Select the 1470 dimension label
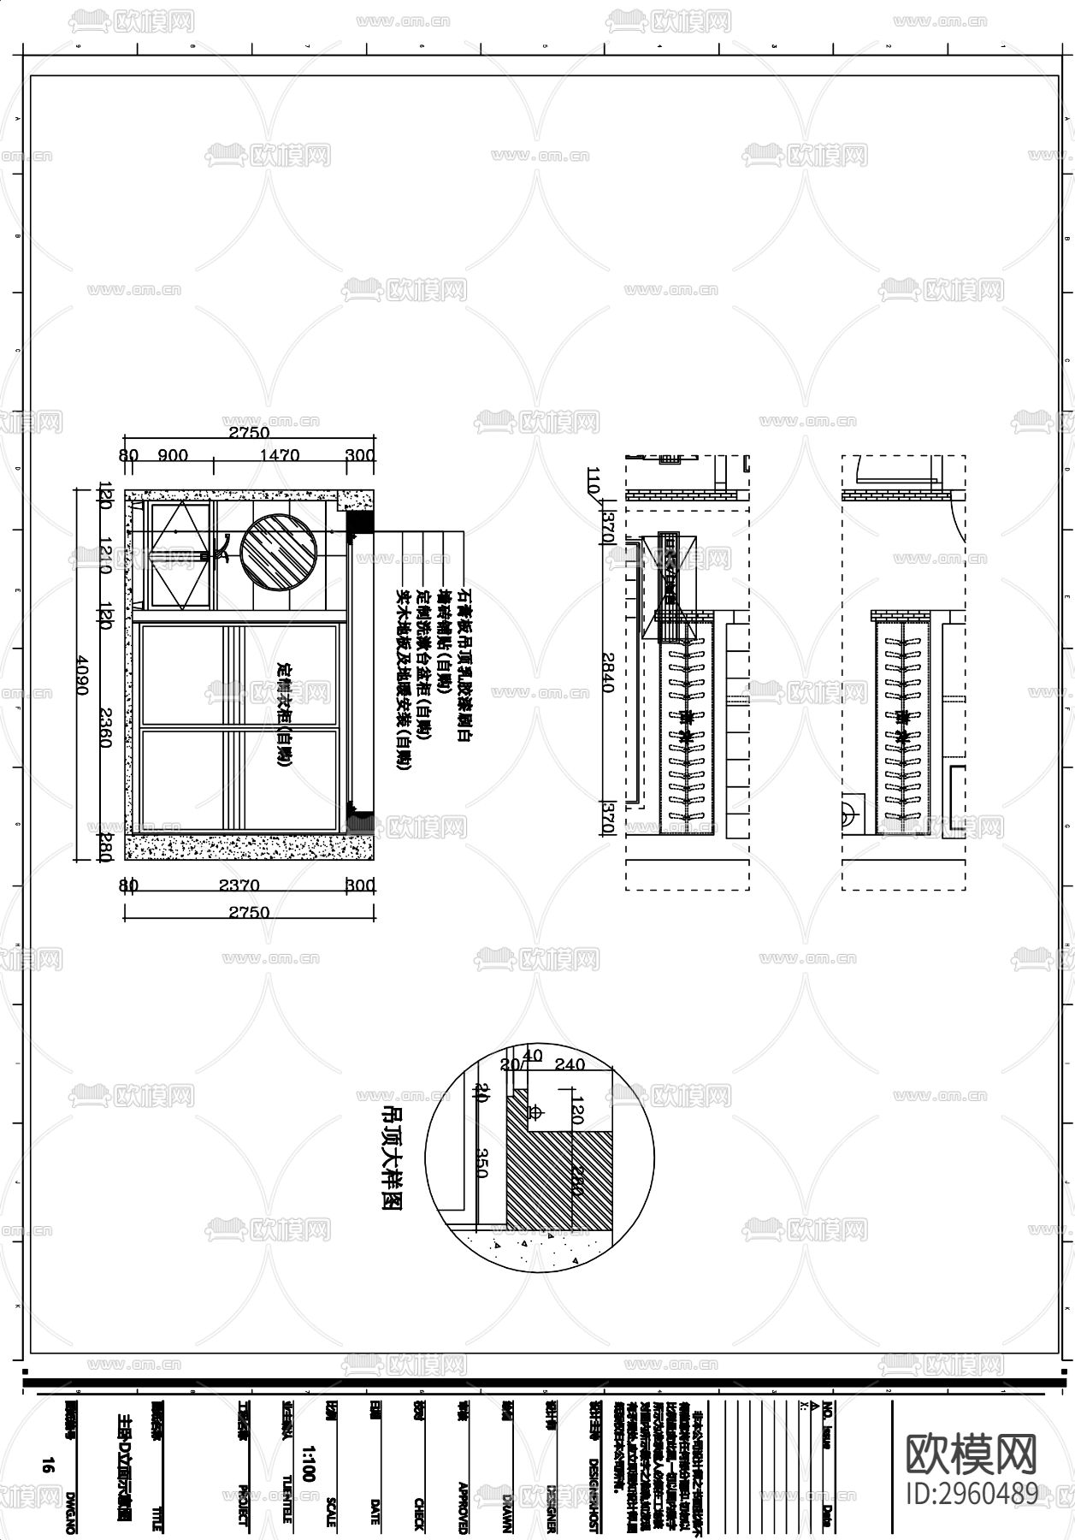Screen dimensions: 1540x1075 point(279,455)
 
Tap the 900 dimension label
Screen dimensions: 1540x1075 point(173,455)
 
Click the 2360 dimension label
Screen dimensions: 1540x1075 point(105,727)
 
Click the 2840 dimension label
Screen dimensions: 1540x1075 point(608,672)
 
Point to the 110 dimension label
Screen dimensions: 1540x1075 point(594,483)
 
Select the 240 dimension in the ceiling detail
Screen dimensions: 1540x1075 point(570,1064)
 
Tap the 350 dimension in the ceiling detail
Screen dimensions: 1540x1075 point(480,1163)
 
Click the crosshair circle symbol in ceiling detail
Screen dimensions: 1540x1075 point(536,1112)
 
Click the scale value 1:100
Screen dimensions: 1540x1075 point(309,1464)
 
